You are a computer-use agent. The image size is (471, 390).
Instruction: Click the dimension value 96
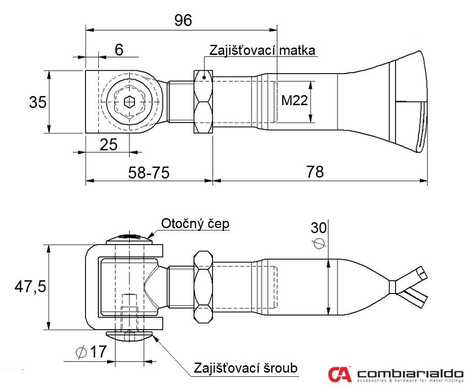(x=183, y=20)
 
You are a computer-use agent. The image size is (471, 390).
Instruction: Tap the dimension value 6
(x=119, y=49)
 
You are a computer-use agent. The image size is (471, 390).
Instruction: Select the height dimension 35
(x=38, y=102)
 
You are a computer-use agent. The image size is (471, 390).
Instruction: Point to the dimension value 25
(x=108, y=145)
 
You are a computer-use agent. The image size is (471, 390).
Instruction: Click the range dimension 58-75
(x=149, y=173)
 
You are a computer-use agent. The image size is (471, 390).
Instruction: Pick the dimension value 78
(x=315, y=172)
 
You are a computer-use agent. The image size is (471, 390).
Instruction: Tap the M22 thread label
(x=294, y=100)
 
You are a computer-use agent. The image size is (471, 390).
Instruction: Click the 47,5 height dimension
(x=30, y=286)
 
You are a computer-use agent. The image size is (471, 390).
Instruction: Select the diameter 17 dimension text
(x=91, y=352)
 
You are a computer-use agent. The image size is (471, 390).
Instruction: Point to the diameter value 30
(x=319, y=228)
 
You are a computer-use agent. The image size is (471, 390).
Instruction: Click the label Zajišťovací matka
(x=262, y=50)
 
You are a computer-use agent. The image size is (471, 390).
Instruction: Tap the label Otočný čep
(x=195, y=224)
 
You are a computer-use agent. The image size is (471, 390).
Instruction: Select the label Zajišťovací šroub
(x=246, y=368)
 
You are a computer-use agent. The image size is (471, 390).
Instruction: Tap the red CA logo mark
(x=339, y=374)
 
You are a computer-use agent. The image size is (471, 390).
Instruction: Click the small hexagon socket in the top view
(x=129, y=102)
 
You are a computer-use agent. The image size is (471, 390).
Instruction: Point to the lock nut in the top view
(x=203, y=102)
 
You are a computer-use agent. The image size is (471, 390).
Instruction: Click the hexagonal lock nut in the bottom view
(x=203, y=287)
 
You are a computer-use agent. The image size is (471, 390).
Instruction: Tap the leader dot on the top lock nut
(x=204, y=77)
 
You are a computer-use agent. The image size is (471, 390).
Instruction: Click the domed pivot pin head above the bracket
(x=129, y=239)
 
